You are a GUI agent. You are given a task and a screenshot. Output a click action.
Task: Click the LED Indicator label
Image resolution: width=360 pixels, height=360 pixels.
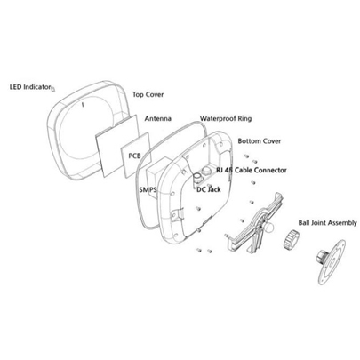(30, 87)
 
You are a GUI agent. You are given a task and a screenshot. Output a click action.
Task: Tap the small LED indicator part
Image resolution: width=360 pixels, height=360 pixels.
(53, 88)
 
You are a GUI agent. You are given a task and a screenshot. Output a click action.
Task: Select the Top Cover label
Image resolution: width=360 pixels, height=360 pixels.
(148, 94)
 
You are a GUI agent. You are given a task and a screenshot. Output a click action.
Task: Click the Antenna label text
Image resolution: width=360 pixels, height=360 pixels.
(158, 118)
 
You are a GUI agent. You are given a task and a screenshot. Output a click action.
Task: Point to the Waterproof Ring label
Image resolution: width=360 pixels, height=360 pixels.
(226, 118)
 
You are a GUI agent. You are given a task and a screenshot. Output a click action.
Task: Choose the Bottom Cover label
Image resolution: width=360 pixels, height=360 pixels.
(260, 141)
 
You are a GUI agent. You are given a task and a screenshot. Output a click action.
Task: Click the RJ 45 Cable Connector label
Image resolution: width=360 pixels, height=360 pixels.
(252, 170)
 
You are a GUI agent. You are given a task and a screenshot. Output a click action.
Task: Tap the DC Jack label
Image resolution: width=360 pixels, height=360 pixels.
(209, 189)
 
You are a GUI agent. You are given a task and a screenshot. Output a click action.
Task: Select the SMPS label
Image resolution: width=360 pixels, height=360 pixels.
(148, 189)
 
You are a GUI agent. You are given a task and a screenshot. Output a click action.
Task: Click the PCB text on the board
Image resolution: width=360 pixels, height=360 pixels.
(134, 156)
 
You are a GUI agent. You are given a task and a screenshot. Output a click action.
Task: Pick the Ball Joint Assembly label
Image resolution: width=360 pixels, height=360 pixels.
(327, 223)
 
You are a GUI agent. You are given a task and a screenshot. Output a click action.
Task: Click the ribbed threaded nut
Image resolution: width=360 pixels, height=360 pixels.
(291, 239)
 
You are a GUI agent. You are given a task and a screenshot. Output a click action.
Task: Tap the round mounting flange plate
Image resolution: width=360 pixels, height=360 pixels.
(332, 262)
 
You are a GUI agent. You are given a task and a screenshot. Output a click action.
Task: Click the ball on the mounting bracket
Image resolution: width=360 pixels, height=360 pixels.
(269, 228)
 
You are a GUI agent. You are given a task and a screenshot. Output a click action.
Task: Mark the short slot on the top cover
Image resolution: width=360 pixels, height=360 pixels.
(83, 104)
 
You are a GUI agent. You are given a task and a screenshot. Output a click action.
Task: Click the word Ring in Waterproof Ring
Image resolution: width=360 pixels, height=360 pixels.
(244, 119)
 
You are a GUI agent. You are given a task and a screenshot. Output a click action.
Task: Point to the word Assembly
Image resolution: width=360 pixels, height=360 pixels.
(343, 223)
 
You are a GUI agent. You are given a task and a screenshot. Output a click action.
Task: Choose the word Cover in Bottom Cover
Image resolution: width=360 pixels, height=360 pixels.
(270, 141)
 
